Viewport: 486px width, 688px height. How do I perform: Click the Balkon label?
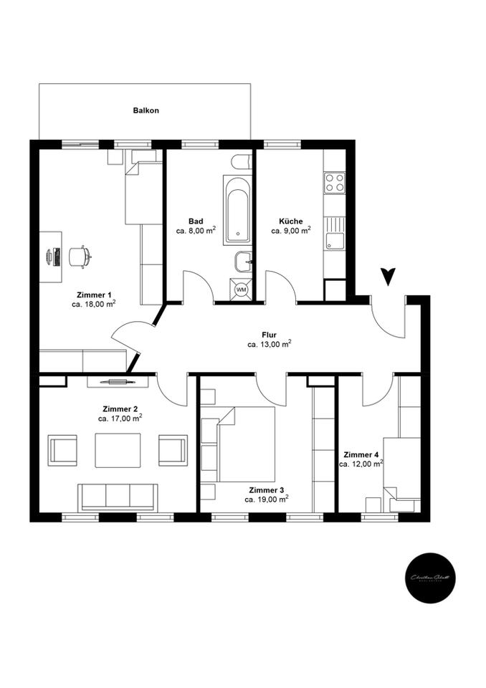click(146, 111)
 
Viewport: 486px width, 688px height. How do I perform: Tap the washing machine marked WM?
click(241, 289)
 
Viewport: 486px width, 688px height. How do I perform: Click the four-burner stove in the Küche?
click(334, 183)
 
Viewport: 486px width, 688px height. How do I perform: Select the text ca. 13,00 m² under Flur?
click(269, 345)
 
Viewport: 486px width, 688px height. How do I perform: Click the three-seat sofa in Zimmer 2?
click(118, 496)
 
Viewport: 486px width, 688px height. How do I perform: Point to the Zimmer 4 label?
click(361, 454)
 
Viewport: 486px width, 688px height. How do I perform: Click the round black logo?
click(428, 578)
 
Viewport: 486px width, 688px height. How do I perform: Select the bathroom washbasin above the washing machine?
click(242, 262)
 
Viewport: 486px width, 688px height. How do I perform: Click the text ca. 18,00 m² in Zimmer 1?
click(94, 304)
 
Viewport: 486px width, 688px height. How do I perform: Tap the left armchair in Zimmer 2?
click(64, 449)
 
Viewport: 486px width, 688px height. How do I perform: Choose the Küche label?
click(291, 221)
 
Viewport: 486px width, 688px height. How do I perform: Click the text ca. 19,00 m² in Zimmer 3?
click(266, 499)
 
